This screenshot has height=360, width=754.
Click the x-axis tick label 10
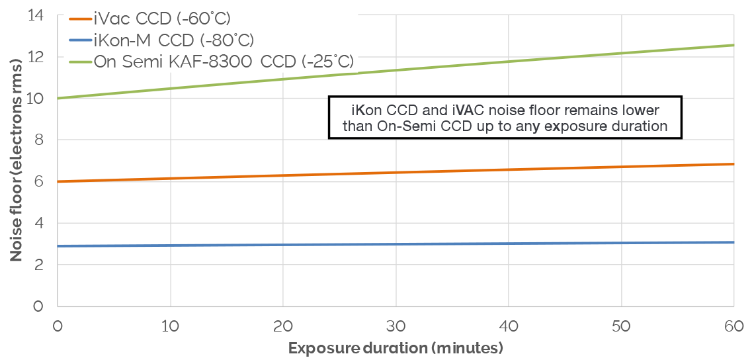171,327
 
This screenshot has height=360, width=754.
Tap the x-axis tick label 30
396,327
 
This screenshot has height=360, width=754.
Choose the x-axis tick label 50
621,327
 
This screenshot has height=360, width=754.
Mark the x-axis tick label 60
734,327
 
